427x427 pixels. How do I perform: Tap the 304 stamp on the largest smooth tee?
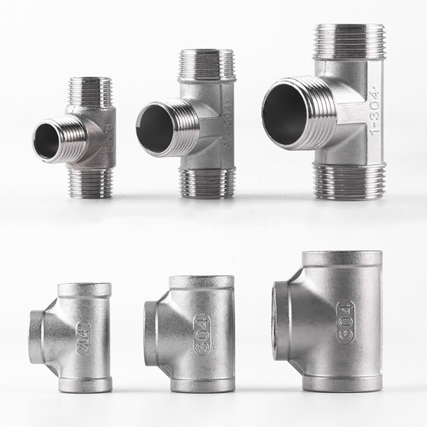345,322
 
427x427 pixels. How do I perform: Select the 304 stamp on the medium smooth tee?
202,334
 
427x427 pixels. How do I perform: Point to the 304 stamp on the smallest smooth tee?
84,338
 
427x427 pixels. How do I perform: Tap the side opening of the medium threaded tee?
155,128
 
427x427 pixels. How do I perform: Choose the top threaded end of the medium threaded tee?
207,64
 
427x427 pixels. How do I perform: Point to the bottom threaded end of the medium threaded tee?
207,183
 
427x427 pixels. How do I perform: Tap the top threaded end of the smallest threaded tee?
90,91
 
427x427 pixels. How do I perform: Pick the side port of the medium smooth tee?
150,333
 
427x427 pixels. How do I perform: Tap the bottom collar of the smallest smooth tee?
85,384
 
